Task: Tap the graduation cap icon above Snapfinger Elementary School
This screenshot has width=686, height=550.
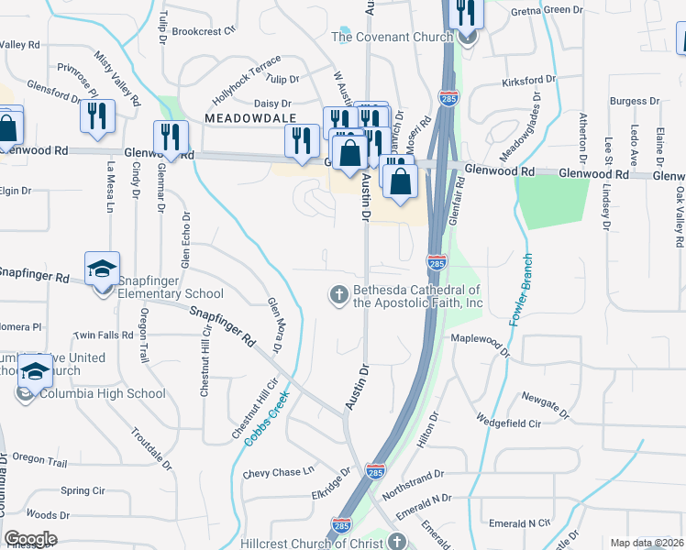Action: click(102, 269)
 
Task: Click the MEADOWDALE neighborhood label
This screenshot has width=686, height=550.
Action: click(250, 119)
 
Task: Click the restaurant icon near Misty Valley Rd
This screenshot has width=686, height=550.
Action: click(95, 115)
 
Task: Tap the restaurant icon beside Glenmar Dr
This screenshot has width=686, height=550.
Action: click(171, 137)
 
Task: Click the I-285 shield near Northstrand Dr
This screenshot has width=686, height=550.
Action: click(374, 470)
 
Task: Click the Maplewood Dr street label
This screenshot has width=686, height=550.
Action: click(479, 339)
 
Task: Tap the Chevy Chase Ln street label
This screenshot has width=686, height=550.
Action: click(279, 473)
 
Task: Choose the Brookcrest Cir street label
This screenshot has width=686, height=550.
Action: click(209, 30)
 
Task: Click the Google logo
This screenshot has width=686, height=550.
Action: click(30, 539)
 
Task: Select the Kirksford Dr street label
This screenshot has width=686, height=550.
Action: click(529, 82)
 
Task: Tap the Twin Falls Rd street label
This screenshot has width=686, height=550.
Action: click(104, 335)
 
